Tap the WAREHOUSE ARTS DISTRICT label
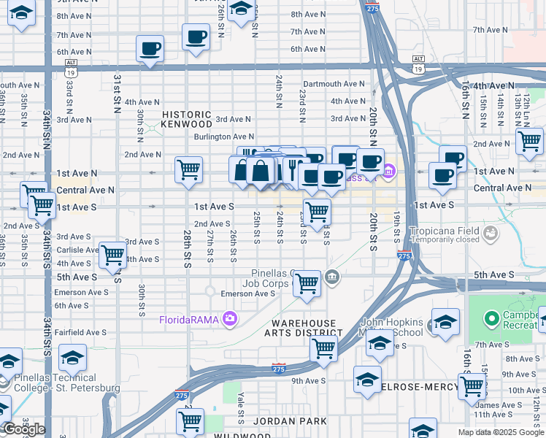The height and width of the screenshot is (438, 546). point(304,328)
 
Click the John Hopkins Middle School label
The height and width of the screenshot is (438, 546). point(393,328)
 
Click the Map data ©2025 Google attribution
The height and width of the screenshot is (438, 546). point(500,432)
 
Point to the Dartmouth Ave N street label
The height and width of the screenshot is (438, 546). point(334,84)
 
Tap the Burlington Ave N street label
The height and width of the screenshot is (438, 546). point(223,137)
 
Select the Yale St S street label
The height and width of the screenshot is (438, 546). point(241,412)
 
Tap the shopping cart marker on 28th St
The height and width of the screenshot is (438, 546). point(189,169)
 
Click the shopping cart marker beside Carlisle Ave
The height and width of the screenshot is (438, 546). point(113,255)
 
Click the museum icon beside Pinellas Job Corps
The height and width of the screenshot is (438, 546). point(332,276)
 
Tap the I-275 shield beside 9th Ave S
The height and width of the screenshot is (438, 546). point(278,369)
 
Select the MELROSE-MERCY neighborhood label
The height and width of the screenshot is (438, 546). point(418,385)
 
